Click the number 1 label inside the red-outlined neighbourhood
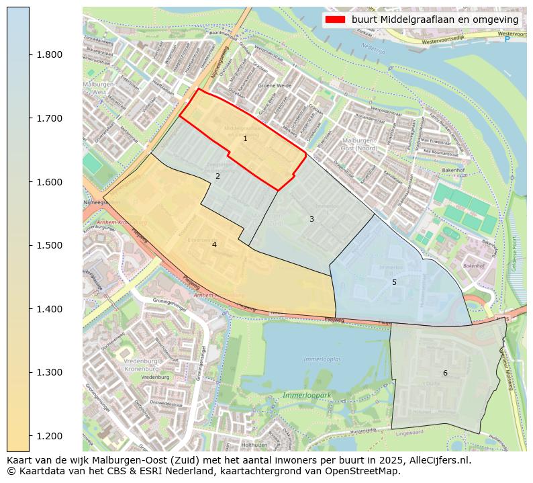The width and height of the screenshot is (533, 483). tap(245, 138)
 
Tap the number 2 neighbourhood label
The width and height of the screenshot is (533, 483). tap(217, 176)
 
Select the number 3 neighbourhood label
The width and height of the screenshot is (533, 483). tap(311, 219)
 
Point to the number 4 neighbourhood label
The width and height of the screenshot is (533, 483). tap(214, 245)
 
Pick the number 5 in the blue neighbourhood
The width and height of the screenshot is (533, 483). tap(394, 282)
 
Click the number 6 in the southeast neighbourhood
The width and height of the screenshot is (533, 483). tap(444, 373)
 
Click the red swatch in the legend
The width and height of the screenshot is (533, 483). tap(335, 19)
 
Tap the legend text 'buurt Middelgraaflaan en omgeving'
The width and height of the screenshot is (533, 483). tap(434, 19)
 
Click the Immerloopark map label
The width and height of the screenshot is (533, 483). tap(307, 396)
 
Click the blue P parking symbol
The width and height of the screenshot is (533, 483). tap(507, 40)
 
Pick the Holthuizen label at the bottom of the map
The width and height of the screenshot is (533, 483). tap(254, 445)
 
